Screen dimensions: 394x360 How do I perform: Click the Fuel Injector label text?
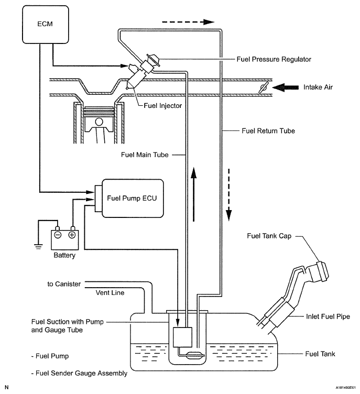163,105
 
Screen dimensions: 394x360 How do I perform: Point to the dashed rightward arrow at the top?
188,22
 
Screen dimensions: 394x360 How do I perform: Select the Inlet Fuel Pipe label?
324,316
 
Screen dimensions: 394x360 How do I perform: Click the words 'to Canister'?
64,284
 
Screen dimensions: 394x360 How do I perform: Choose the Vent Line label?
110,293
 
